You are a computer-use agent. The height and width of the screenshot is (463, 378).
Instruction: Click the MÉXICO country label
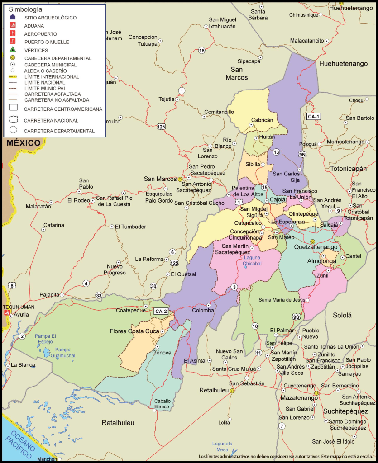point(24,143)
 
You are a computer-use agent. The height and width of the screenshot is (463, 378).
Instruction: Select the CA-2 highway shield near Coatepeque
point(161,311)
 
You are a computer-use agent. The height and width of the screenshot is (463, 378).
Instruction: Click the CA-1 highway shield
point(313,116)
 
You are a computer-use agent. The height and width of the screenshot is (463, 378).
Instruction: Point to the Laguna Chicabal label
point(252,260)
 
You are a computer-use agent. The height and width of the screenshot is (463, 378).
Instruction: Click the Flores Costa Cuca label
point(133,331)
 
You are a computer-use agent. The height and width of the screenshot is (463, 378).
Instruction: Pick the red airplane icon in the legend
point(13,34)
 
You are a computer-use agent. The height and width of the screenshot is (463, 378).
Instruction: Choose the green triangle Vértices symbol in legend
point(13,50)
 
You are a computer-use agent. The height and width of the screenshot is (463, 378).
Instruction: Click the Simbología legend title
point(25,9)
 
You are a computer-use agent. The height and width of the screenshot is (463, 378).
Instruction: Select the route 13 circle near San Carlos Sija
point(276,152)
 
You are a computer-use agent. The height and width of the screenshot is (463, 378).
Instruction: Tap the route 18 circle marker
point(201,50)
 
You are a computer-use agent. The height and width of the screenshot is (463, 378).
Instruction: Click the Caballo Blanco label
point(162,404)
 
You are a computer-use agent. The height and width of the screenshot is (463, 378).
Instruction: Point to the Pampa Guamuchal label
point(62,353)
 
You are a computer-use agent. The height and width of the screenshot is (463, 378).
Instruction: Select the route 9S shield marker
point(296,317)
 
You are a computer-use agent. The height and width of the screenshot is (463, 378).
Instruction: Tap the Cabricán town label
point(262,120)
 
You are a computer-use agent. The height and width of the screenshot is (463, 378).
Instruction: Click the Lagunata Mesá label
point(222,447)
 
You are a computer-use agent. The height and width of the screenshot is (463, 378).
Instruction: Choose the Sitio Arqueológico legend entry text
point(50,18)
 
